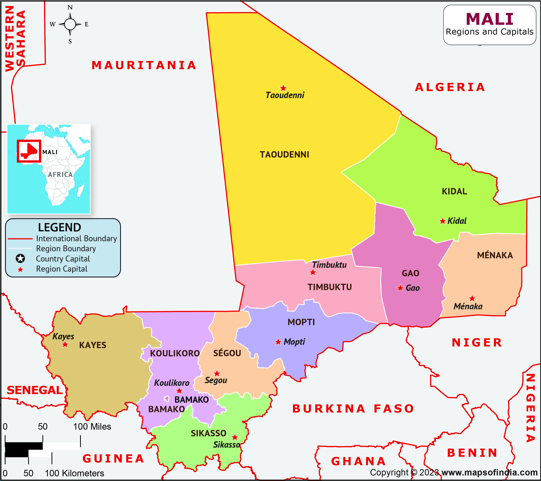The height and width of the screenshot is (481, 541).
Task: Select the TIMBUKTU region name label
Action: coord(329,287)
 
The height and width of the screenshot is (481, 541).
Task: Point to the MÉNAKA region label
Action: coord(495,255)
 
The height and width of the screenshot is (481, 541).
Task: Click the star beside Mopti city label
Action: coord(278,342)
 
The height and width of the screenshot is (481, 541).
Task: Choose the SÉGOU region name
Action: coord(227,353)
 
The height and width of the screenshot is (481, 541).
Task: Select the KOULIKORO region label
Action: coord(175,353)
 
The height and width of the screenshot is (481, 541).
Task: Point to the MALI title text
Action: coord(490,19)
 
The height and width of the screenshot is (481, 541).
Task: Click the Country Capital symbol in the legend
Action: coord(20,258)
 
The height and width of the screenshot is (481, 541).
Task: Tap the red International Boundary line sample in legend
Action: coord(20,239)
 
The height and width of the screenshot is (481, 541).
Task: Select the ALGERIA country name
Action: coord(450,87)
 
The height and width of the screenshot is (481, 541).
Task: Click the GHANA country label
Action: coord(358,461)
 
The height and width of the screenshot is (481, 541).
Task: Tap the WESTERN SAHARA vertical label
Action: coord(15,38)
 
